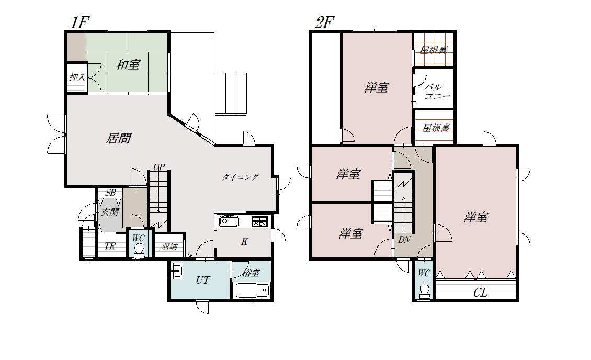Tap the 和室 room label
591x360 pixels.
click(x=128, y=65)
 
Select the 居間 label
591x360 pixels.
click(x=119, y=138)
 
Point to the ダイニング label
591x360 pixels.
click(x=241, y=177)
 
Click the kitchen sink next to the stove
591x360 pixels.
click(x=229, y=221)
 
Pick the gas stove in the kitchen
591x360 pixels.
click(x=260, y=221)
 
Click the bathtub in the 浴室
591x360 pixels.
click(x=252, y=290)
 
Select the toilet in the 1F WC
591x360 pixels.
click(x=139, y=251)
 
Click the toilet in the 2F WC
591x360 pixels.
click(x=424, y=289)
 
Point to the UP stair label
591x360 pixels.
click(x=159, y=167)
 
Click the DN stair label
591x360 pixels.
click(x=404, y=240)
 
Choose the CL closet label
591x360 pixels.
click(x=480, y=293)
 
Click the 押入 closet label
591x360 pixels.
click(x=77, y=77)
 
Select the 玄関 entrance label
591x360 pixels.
click(x=109, y=212)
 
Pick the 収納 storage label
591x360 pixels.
click(x=169, y=246)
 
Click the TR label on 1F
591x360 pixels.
click(x=110, y=246)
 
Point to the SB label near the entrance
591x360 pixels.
click(x=110, y=193)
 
